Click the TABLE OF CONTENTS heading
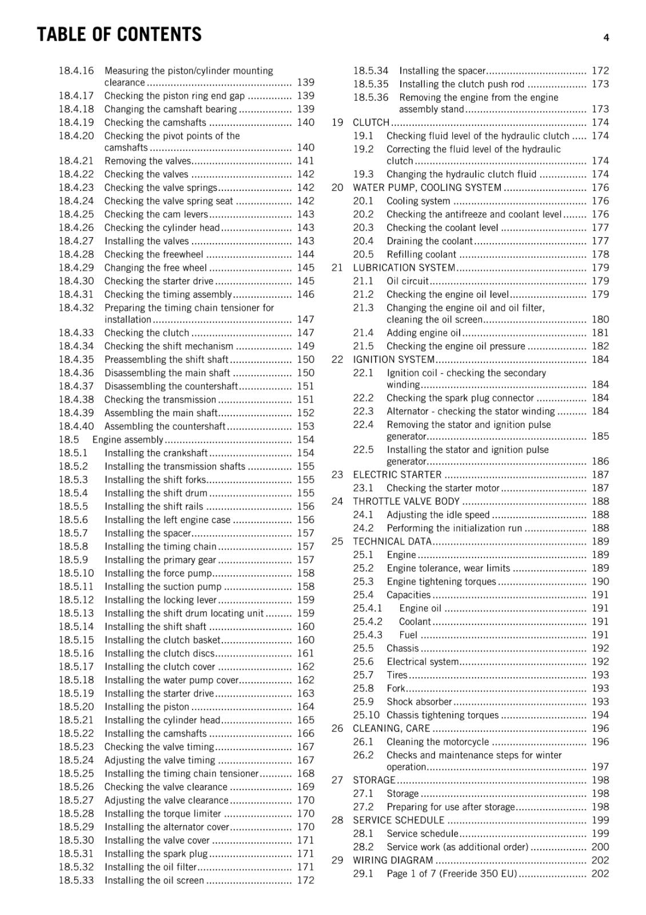[119, 35]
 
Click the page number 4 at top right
[606, 38]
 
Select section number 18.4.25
[76, 214]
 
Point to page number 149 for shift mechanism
[305, 346]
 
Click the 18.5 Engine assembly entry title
[127, 440]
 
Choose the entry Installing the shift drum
[155, 493]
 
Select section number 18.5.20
[76, 707]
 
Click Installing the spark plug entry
[155, 854]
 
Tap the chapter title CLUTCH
[371, 122]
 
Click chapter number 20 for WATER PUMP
[337, 188]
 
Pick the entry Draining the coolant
[429, 241]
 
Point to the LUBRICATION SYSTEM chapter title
[404, 268]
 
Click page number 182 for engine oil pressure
[600, 346]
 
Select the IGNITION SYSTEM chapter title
[393, 360]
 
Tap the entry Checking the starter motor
[442, 488]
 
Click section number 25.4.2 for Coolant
[368, 622]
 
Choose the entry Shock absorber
[419, 702]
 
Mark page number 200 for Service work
[600, 847]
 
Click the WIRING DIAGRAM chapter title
[393, 860]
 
